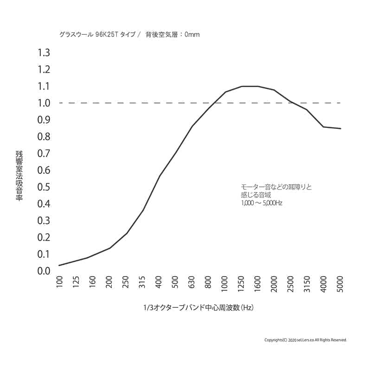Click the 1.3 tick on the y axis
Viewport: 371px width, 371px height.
[x=43, y=53]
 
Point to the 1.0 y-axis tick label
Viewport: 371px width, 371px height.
[x=43, y=103]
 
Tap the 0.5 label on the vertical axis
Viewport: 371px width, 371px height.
[x=43, y=187]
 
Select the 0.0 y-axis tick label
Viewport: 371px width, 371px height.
[x=43, y=271]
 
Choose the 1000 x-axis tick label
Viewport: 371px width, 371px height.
[x=225, y=284]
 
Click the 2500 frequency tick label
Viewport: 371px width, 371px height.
[x=291, y=284]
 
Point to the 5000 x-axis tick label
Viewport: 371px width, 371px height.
[x=340, y=284]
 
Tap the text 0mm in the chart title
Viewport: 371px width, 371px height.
[x=192, y=35]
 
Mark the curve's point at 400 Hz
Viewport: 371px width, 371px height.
[x=159, y=176]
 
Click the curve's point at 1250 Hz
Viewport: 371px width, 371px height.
[x=242, y=86]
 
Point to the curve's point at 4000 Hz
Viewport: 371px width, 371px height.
[x=324, y=127]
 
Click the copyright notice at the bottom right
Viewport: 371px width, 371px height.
[x=305, y=340]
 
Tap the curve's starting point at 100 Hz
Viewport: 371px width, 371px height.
[x=59, y=265]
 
